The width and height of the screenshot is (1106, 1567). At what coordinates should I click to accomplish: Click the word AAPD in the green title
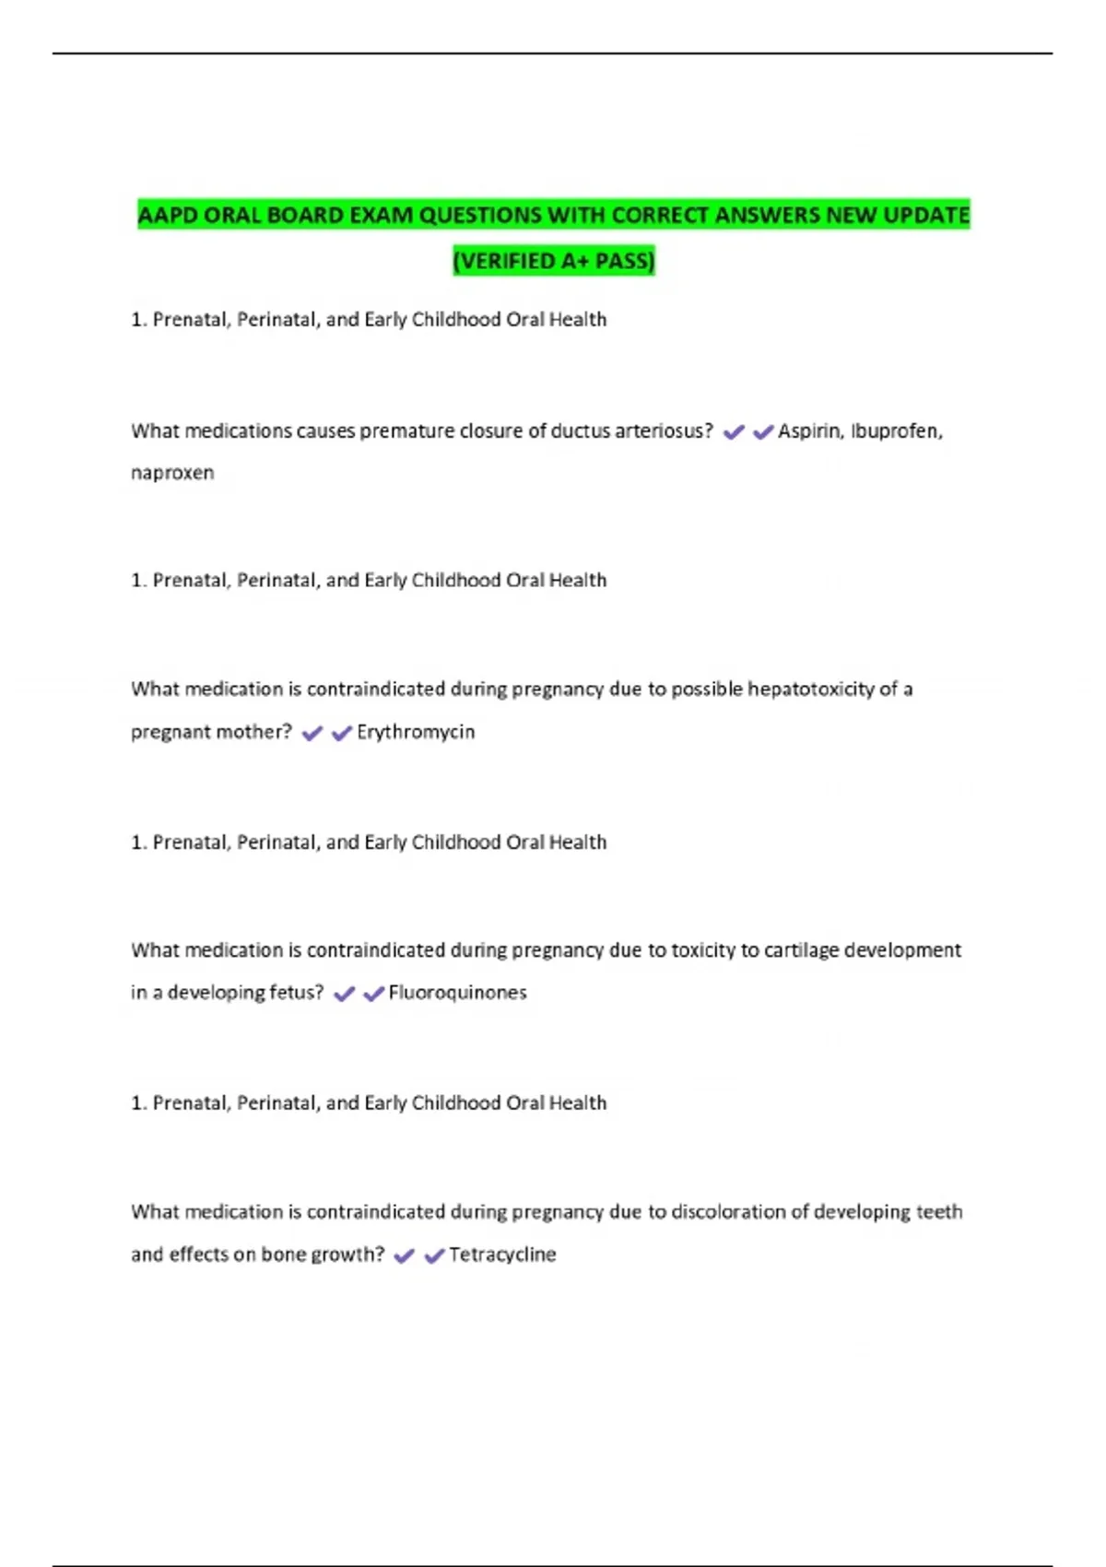point(167,216)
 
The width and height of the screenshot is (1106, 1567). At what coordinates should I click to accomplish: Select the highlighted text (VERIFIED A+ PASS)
point(553,261)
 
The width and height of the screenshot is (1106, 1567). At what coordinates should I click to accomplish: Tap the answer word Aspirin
point(808,430)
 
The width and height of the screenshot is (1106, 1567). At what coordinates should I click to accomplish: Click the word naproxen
point(172,473)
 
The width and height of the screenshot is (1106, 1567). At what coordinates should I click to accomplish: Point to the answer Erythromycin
point(416,732)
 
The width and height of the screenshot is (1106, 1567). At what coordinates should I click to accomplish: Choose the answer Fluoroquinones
point(457,993)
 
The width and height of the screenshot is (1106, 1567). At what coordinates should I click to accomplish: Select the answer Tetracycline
point(502,1255)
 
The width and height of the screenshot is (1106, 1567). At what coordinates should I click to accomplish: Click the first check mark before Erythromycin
point(312,734)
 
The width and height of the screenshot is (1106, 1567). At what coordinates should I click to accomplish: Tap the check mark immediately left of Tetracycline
point(433,1255)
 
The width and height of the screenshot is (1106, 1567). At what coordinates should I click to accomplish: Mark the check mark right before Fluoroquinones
point(373,994)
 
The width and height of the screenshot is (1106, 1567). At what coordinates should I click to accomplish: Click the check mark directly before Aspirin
point(763,431)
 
